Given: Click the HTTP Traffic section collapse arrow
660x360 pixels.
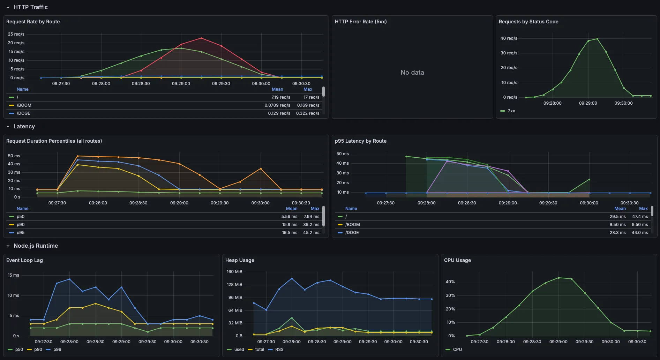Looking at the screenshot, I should [8, 7].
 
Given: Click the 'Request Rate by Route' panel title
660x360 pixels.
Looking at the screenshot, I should [33, 22].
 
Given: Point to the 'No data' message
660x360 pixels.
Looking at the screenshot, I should [412, 73].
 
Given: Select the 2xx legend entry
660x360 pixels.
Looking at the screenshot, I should [511, 111].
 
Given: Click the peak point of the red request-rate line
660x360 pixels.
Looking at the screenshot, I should [201, 38].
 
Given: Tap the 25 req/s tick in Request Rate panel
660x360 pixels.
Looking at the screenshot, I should [16, 34].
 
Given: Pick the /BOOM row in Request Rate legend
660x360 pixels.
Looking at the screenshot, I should [24, 105].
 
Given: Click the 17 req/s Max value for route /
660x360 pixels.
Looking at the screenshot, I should [311, 97].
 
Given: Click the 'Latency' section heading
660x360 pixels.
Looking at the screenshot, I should [24, 127].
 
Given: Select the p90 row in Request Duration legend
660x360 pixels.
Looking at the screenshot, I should [21, 225].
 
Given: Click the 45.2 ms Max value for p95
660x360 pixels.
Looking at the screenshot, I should [311, 233].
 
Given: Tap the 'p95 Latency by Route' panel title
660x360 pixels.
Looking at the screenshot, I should [360, 141].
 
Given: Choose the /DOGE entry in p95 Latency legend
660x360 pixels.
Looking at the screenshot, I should [352, 233].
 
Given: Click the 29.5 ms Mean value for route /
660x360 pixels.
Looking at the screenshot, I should [617, 217].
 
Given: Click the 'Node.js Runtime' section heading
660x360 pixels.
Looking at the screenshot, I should [36, 246].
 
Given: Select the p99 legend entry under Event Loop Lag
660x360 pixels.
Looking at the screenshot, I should [57, 350].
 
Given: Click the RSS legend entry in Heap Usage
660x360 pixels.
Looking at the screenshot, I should [279, 350].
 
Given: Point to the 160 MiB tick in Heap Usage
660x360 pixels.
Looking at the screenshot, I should [234, 272].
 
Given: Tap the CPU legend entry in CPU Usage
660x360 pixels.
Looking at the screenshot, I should [457, 350].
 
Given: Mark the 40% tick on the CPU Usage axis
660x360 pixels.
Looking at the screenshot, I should [450, 282].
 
